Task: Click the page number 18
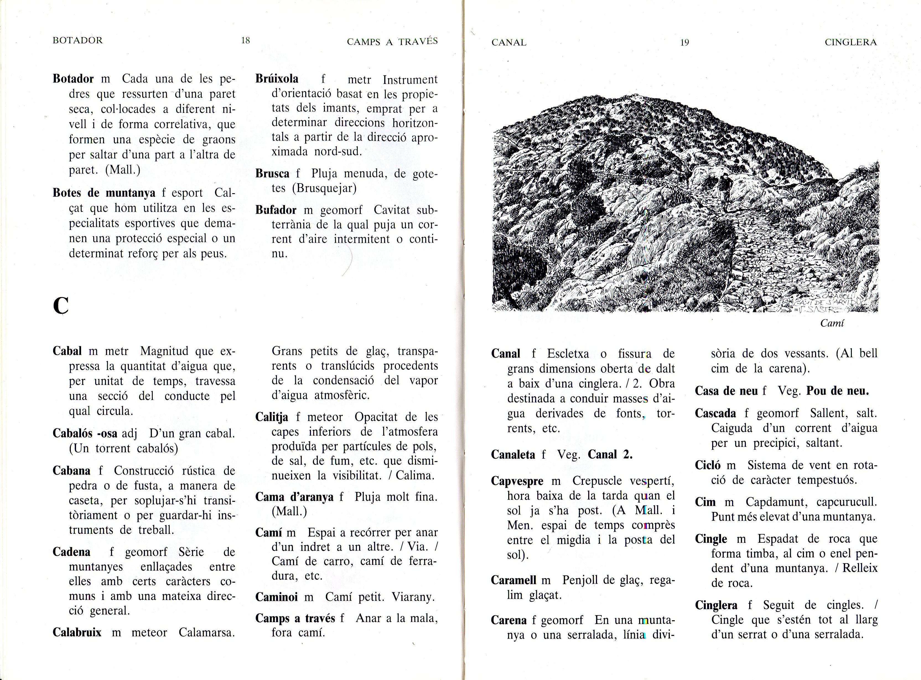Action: point(245,40)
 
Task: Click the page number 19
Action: point(684,42)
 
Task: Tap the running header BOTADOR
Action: point(77,40)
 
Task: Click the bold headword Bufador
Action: point(276,210)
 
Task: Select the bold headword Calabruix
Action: point(77,632)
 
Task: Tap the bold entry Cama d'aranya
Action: point(294,497)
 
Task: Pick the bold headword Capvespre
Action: point(517,481)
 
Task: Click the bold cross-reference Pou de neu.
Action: point(837,391)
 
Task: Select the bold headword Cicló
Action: point(707,466)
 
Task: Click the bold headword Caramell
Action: point(513,580)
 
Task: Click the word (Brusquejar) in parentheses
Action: point(324,188)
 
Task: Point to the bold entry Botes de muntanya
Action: point(104,193)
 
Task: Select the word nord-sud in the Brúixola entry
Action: point(338,151)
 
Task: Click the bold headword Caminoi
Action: point(276,597)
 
